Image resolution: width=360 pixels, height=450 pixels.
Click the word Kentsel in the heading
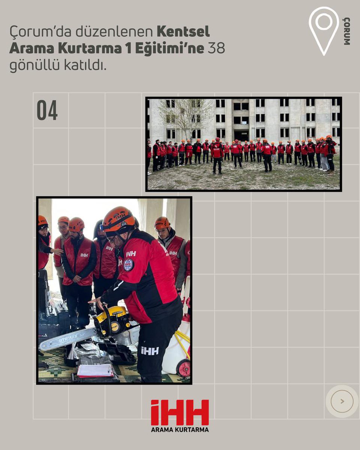(x=183, y=32)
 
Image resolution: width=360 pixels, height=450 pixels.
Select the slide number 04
(x=47, y=110)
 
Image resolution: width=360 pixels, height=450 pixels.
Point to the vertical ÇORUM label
(x=347, y=31)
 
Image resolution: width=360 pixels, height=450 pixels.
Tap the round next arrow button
(x=342, y=401)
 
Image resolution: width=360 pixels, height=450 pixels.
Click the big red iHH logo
(x=180, y=412)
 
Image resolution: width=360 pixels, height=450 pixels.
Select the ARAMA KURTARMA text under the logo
(x=180, y=429)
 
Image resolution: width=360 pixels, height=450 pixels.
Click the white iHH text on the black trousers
(x=150, y=351)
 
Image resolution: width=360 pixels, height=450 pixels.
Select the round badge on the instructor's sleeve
(x=128, y=264)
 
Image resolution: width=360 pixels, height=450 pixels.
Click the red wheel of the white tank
(x=183, y=368)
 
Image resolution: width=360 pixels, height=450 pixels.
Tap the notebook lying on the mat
(x=95, y=370)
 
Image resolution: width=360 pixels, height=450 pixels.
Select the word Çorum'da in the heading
(x=40, y=32)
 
